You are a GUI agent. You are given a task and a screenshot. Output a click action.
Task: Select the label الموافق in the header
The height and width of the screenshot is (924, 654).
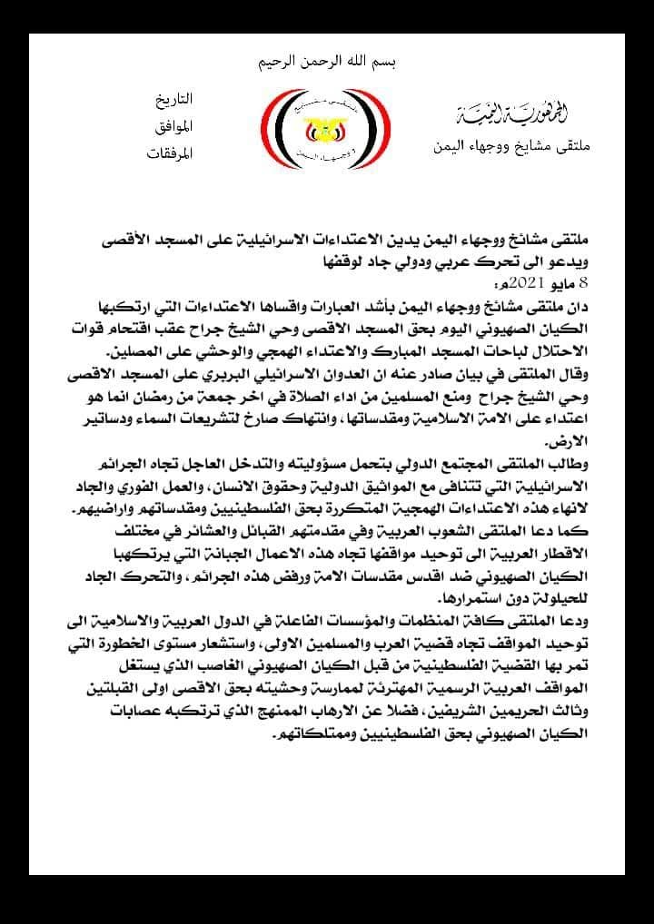coord(173,125)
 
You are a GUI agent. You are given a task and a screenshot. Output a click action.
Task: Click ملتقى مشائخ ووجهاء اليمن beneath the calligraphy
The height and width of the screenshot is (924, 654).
coord(514,143)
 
